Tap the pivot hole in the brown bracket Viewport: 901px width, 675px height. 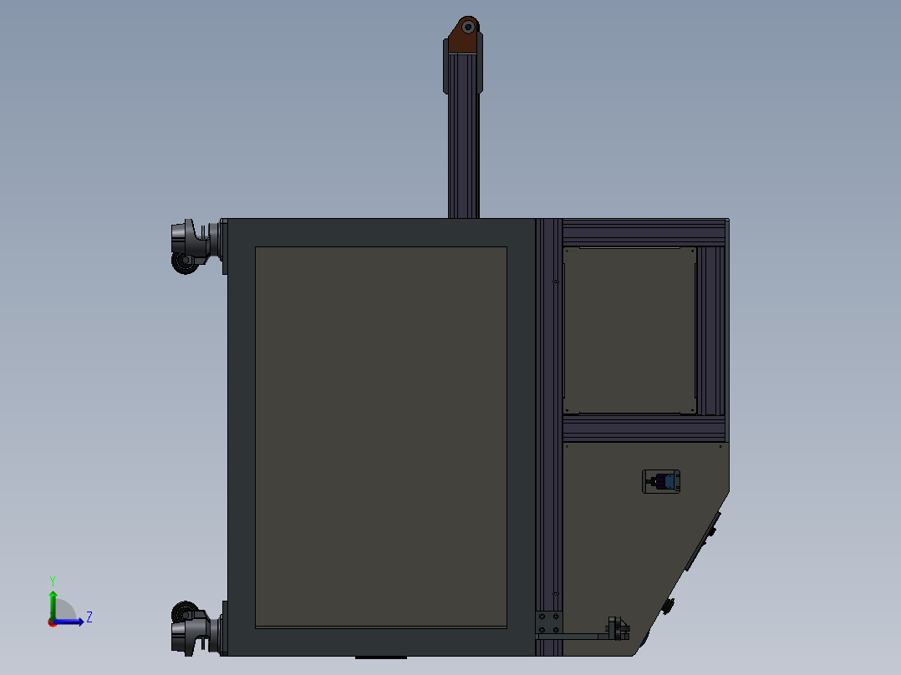click(x=468, y=26)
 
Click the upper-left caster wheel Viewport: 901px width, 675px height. click(x=183, y=261)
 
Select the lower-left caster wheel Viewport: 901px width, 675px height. click(x=183, y=610)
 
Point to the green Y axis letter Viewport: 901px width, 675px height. click(x=52, y=580)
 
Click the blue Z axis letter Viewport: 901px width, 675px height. click(x=89, y=617)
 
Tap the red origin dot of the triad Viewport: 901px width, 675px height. click(x=52, y=622)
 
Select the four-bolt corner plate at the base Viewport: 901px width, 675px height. click(x=548, y=623)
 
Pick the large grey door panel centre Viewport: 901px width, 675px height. click(x=380, y=436)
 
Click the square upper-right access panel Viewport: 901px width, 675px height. click(x=630, y=329)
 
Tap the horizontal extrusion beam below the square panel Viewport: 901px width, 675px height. click(x=644, y=429)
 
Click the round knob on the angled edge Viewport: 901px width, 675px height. click(x=669, y=606)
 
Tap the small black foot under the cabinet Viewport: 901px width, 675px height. click(x=369, y=657)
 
